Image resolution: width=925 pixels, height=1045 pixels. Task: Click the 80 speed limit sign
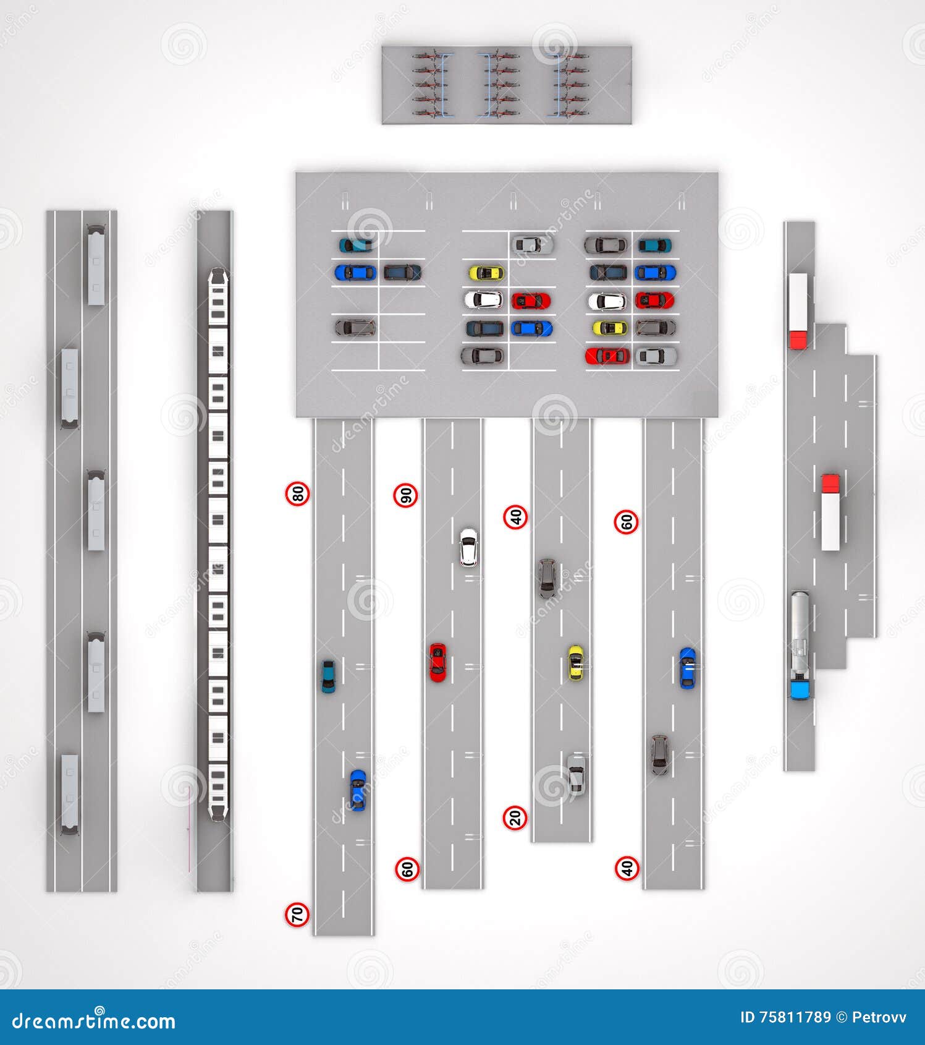(298, 493)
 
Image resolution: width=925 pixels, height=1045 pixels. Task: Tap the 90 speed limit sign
(406, 495)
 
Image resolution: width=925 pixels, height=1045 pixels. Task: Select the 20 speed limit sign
(515, 817)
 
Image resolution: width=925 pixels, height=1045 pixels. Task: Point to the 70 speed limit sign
(297, 914)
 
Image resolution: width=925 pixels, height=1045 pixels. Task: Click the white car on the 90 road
(468, 547)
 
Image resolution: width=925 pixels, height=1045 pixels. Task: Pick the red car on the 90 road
(437, 662)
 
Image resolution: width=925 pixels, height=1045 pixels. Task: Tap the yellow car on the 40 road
(575, 663)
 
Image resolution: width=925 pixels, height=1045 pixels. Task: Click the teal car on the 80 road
(328, 676)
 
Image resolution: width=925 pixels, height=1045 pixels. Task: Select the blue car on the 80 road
(358, 790)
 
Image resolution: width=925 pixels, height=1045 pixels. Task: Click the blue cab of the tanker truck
(800, 689)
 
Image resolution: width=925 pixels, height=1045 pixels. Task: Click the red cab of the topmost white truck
(798, 339)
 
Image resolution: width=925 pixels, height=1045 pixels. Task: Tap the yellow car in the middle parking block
(486, 273)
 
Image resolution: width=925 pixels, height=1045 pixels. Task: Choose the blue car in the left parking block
(355, 272)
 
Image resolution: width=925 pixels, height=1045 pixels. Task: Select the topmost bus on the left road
(96, 265)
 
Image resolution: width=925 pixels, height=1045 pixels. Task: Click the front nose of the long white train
(218, 276)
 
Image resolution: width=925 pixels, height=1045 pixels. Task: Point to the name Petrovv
(879, 1017)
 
